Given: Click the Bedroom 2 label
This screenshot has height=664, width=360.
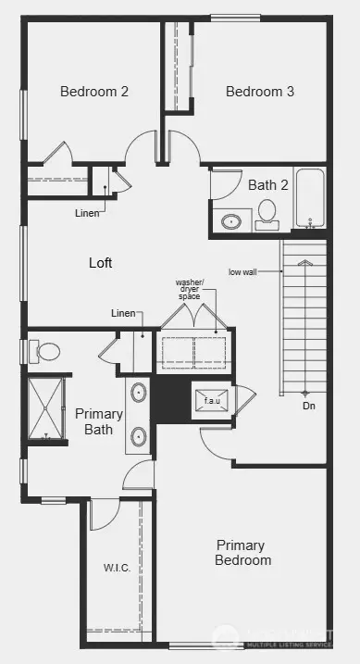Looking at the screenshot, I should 93,91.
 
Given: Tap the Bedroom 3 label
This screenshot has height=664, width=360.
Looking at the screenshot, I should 260,91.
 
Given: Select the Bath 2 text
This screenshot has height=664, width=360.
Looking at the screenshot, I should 268,184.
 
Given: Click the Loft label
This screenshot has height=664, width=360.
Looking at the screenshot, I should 101,263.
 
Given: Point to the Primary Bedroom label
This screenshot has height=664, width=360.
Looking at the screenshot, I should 243,553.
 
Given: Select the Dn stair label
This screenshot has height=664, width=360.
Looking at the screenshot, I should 308,406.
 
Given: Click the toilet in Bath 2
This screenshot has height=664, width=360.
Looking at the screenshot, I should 267,212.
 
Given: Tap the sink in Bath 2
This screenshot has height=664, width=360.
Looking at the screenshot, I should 231,221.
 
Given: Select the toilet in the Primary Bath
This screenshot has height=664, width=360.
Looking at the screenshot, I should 45,351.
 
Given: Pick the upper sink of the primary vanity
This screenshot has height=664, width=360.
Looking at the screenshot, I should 139,393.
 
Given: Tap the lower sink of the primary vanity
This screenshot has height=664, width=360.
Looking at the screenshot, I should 139,435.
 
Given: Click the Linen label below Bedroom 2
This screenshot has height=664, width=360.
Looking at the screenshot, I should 88,212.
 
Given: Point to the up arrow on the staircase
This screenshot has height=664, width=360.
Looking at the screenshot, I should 304,264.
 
